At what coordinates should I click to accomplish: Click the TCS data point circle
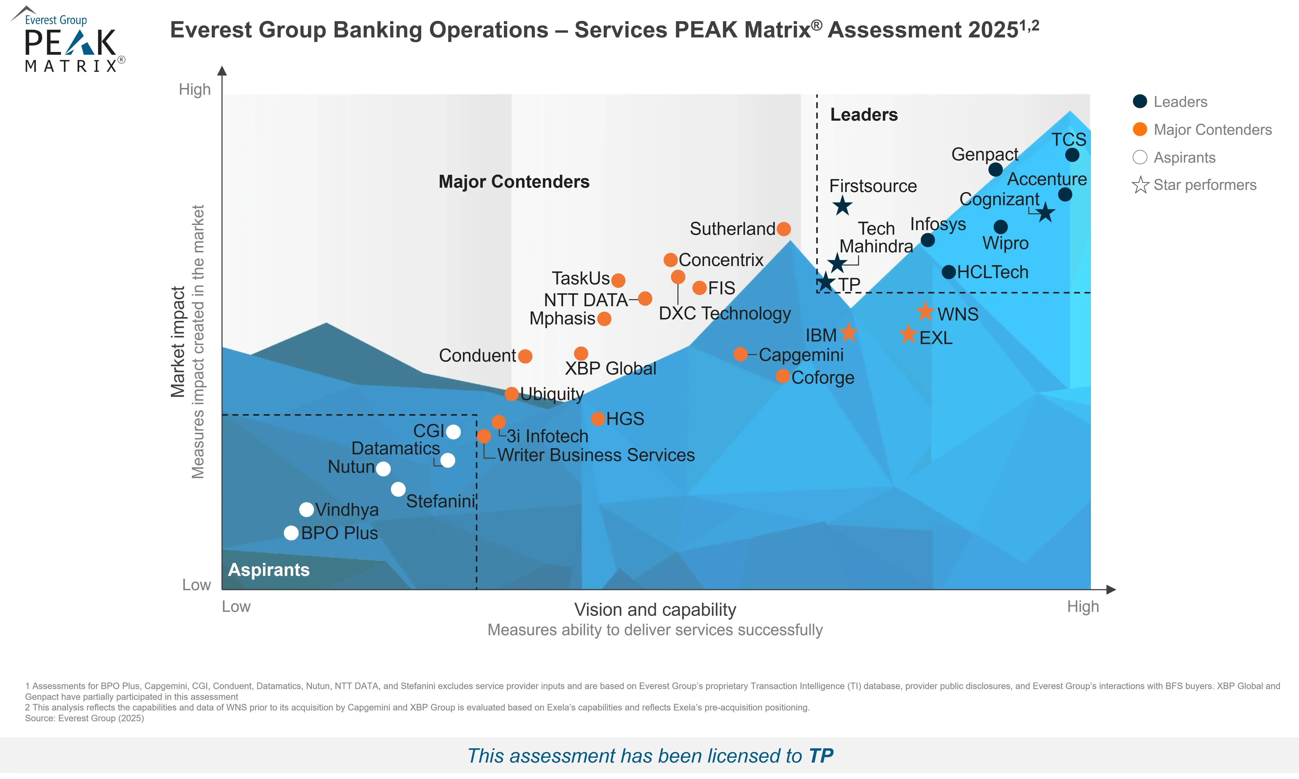(1072, 155)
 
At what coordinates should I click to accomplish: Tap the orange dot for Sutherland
(783, 229)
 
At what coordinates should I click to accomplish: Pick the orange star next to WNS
(925, 312)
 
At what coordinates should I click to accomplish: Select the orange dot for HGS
(598, 418)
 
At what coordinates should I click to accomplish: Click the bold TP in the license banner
(820, 756)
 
